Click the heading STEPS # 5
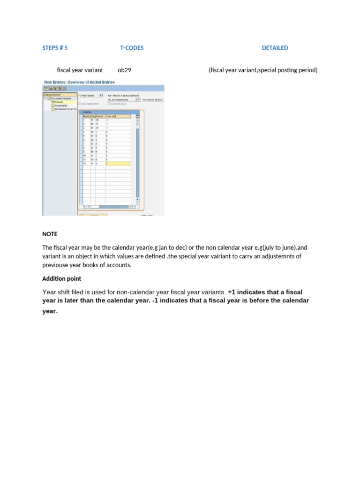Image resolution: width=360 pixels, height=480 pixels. [55, 48]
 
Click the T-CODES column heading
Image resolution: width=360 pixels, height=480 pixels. [132, 48]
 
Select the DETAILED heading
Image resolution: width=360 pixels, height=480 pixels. [275, 48]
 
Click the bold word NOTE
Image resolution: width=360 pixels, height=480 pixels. [49, 234]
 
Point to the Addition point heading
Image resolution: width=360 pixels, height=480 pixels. [61, 279]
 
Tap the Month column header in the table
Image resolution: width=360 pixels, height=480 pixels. [86, 116]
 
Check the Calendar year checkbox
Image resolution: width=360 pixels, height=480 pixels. [109, 104]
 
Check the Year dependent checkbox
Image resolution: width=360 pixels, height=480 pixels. [80, 104]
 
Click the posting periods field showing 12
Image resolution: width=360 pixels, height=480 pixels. [137, 99]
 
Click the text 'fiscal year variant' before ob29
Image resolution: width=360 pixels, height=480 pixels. [80, 70]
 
